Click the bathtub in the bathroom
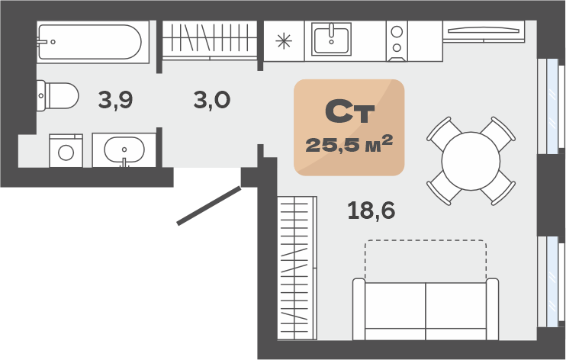point(93,42)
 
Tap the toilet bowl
point(58,95)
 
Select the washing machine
point(66,150)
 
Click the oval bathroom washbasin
point(124,149)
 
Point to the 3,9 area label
point(115,100)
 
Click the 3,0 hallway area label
point(212,100)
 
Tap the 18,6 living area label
point(371,211)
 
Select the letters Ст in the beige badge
point(350,111)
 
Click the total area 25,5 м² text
point(349,144)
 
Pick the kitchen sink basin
point(331,39)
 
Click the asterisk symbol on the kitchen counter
point(284,40)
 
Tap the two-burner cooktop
point(397,40)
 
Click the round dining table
point(471,161)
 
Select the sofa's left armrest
point(359,309)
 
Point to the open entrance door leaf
point(209,205)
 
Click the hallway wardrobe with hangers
point(209,40)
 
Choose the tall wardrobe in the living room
point(297,268)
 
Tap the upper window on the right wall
point(551,106)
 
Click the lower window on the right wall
point(551,281)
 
